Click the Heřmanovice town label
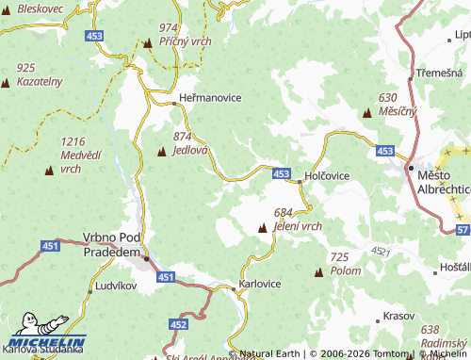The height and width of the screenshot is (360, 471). (x=210, y=98)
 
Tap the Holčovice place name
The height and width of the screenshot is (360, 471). (x=328, y=176)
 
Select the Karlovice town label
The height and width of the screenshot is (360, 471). (x=260, y=284)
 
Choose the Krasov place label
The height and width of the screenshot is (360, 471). (x=399, y=317)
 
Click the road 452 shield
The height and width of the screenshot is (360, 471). (x=179, y=323)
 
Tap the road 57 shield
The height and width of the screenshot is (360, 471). (x=461, y=230)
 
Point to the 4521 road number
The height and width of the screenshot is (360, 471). (x=380, y=251)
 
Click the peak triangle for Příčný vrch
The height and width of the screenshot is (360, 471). (x=148, y=42)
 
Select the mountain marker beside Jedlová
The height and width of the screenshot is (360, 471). (x=161, y=151)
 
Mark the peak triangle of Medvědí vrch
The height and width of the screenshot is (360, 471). (x=49, y=170)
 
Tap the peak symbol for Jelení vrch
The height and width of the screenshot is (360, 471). (x=262, y=227)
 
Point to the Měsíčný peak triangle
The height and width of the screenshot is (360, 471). (x=366, y=112)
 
